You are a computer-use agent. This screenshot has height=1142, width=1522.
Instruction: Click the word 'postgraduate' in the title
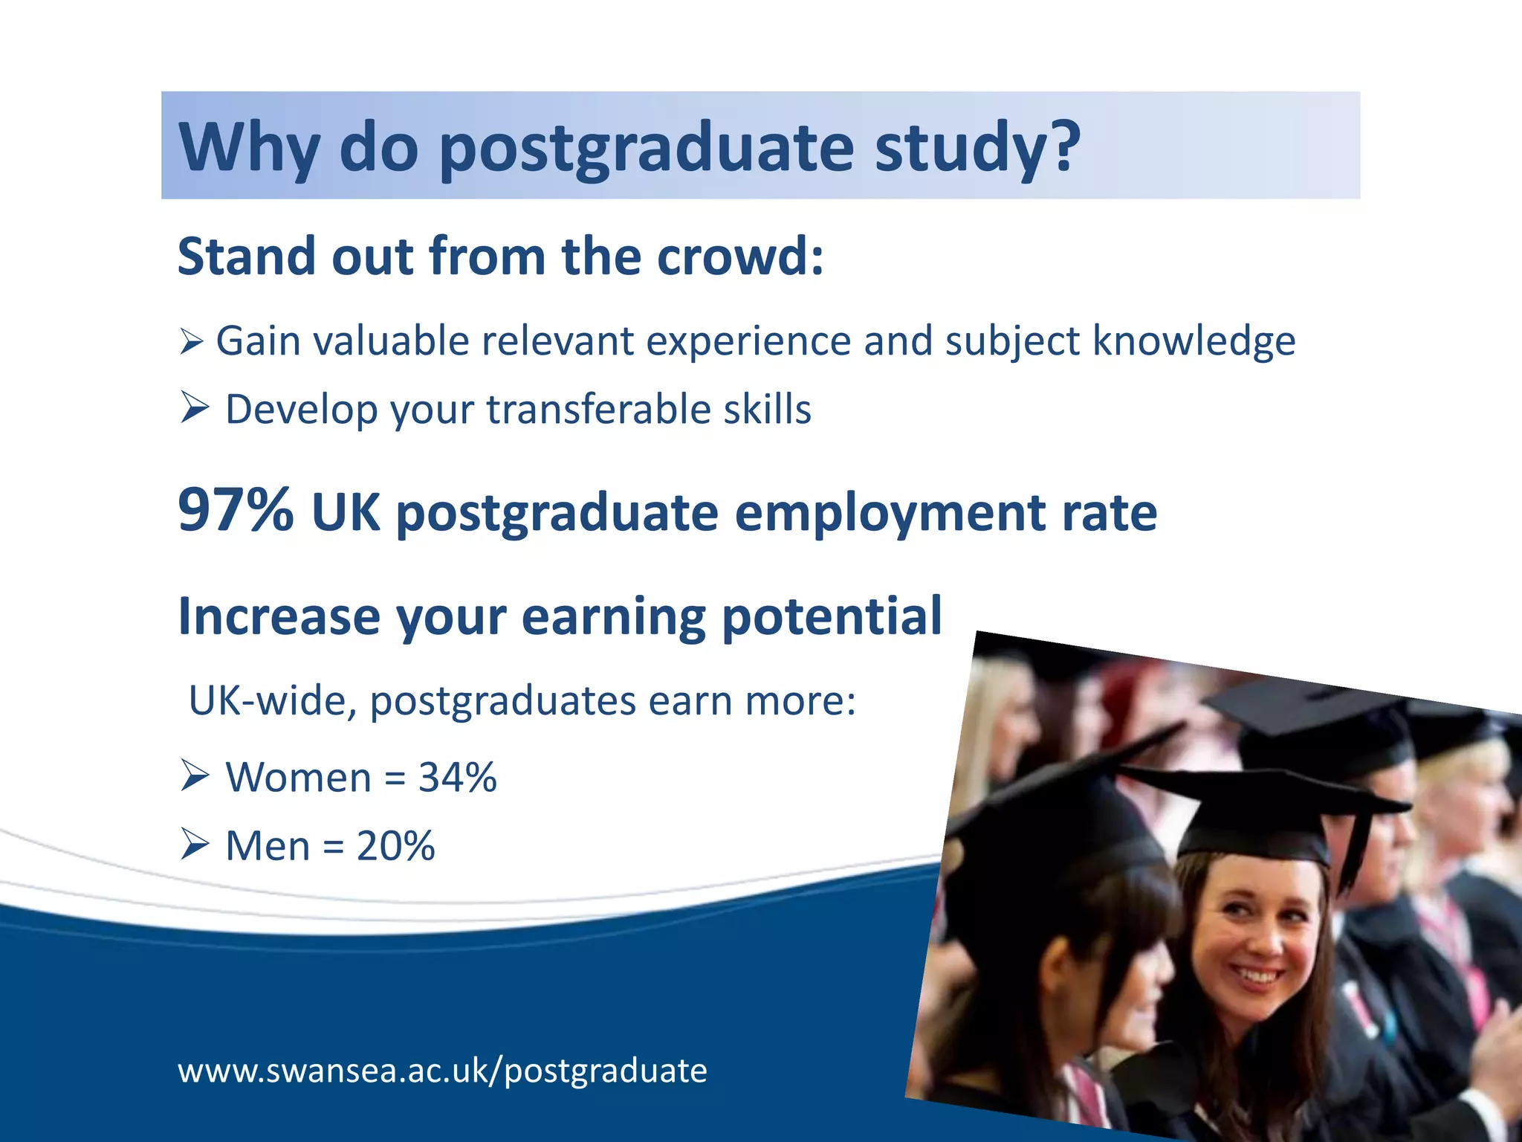pos(646,149)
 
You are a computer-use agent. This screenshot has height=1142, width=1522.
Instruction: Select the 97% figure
pos(236,511)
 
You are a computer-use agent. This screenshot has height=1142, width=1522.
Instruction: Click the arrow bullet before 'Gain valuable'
pos(192,342)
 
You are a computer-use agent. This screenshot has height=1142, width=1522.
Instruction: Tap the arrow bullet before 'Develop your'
pos(194,408)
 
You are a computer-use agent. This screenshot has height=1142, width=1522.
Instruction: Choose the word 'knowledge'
pos(1194,342)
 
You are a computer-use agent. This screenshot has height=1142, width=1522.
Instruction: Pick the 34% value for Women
pos(457,778)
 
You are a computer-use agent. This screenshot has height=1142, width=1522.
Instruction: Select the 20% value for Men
pos(395,846)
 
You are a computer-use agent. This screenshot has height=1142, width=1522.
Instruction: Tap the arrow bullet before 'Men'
pos(194,845)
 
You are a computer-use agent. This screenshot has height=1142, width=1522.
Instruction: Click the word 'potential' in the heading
pos(832,617)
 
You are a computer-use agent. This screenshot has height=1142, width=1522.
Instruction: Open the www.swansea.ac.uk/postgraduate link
pos(442,1071)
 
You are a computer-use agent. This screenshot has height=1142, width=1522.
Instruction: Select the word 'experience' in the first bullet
pos(748,342)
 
